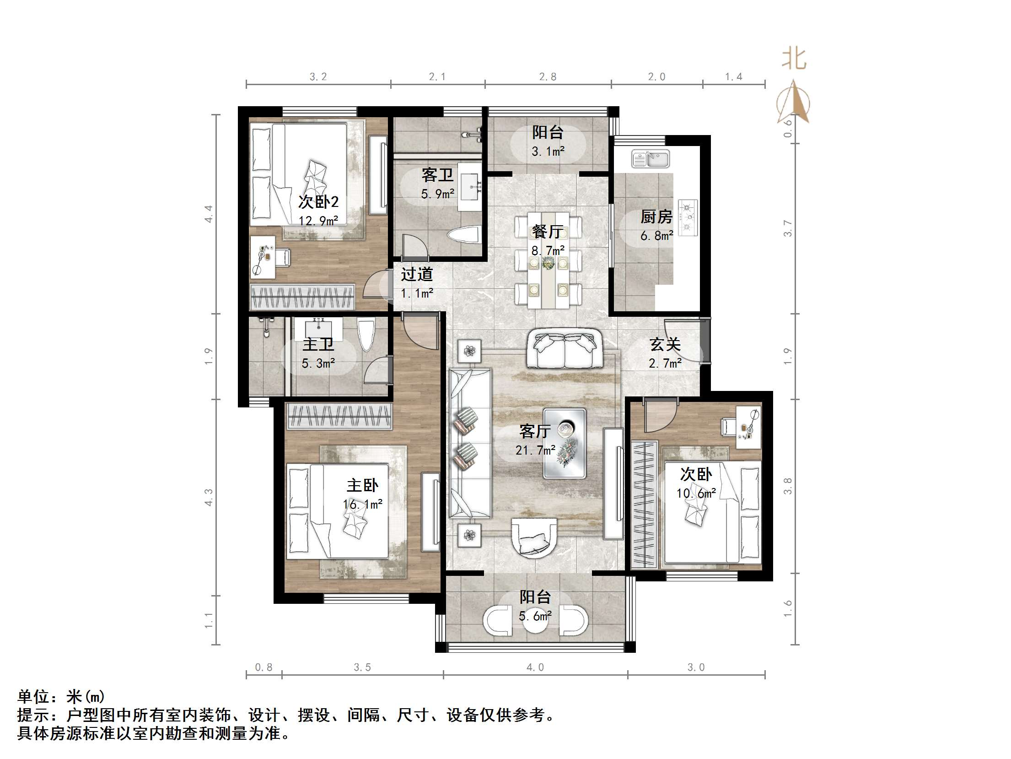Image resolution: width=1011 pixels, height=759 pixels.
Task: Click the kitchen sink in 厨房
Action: pyautogui.click(x=650, y=159)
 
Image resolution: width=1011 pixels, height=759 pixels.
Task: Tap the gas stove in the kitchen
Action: pyautogui.click(x=688, y=217)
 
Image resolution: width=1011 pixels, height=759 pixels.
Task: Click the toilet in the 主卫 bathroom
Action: pyautogui.click(x=366, y=335)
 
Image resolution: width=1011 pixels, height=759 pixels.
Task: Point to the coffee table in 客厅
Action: pyautogui.click(x=565, y=443)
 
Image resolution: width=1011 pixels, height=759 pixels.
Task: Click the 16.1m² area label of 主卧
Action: pyautogui.click(x=363, y=504)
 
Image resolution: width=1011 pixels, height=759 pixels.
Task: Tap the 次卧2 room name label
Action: pyautogui.click(x=318, y=201)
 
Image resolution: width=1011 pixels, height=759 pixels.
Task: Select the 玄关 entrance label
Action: pyautogui.click(x=665, y=344)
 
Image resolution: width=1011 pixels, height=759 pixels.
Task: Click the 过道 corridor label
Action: pyautogui.click(x=417, y=274)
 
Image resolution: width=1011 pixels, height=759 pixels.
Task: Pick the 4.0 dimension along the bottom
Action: pyautogui.click(x=535, y=667)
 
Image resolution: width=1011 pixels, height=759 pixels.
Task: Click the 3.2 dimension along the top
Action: pyautogui.click(x=318, y=77)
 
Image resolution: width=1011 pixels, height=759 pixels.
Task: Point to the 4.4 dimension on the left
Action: pyautogui.click(x=209, y=214)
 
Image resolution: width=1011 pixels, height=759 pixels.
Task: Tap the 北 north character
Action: pyautogui.click(x=793, y=60)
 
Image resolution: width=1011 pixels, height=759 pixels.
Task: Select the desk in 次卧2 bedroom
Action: pyautogui.click(x=263, y=257)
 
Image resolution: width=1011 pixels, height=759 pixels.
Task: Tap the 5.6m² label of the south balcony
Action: pyautogui.click(x=535, y=616)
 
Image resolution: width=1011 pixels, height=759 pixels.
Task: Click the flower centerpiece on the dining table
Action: pyautogui.click(x=548, y=262)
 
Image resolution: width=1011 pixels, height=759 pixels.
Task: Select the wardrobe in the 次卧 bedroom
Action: pyautogui.click(x=644, y=504)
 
